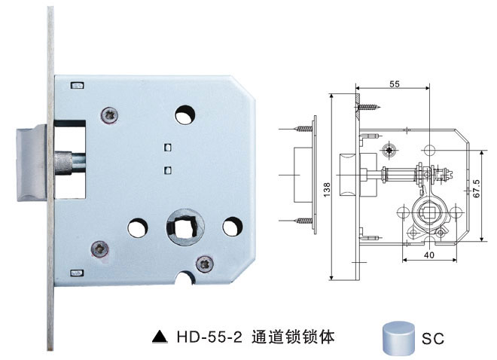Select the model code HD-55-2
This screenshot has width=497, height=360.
[x=208, y=337]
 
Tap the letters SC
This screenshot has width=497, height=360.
[x=433, y=338]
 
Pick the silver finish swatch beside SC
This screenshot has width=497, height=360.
[x=398, y=335]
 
